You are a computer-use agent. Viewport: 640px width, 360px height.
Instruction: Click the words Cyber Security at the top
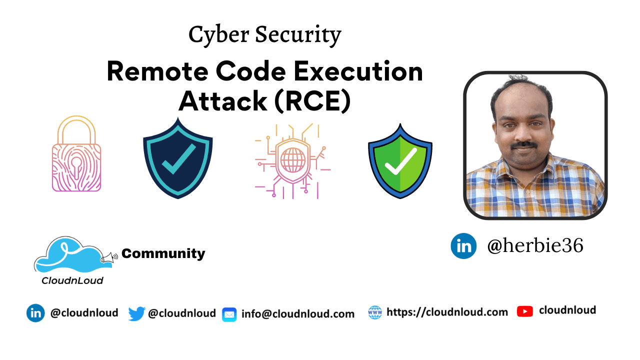[x=264, y=35]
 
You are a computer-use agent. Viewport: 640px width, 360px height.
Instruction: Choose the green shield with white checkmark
[x=400, y=161]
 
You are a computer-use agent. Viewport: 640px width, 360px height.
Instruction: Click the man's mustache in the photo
[x=524, y=145]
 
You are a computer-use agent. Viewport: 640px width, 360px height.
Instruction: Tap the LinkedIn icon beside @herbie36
[x=463, y=246]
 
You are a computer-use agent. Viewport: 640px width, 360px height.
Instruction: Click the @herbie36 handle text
[x=535, y=246]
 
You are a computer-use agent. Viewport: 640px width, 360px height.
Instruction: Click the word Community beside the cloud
[x=163, y=254]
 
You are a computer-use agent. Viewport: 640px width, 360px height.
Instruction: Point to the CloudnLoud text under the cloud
[x=72, y=280]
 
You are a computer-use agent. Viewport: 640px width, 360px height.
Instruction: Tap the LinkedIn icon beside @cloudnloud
[x=35, y=313]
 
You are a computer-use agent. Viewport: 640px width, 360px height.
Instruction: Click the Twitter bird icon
[x=136, y=313]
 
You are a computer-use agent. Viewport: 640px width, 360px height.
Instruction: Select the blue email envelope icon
[x=229, y=314]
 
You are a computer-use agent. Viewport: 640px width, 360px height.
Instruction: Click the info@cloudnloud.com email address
[x=298, y=314]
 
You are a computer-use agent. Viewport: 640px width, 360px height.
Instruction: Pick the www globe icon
[x=374, y=312]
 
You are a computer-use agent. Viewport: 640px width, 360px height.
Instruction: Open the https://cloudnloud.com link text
[x=447, y=312]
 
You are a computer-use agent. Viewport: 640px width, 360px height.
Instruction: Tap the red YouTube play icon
[x=524, y=311]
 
